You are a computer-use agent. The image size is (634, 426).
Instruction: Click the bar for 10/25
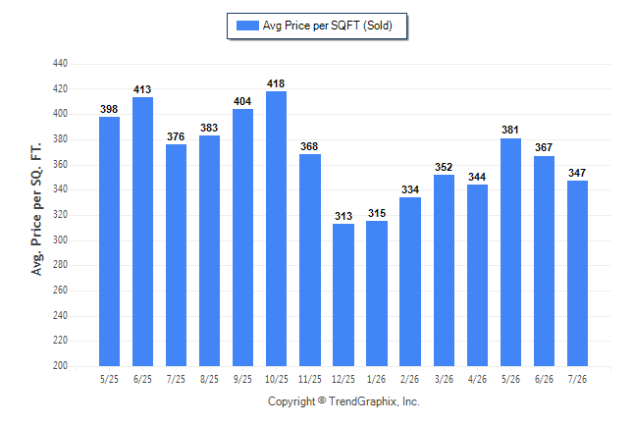click(276, 229)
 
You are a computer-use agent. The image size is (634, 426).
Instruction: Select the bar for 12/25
click(343, 294)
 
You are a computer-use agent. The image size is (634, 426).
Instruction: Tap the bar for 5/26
click(510, 252)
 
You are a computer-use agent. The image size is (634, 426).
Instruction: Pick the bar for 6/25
click(142, 232)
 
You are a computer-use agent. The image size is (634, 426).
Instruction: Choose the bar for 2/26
click(410, 282)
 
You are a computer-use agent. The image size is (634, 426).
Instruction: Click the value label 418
click(276, 83)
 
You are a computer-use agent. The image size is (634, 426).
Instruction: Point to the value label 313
click(343, 216)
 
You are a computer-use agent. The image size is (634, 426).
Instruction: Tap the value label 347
click(577, 173)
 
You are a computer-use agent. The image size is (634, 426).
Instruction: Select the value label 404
click(242, 101)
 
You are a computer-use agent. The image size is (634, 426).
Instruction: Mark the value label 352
click(444, 167)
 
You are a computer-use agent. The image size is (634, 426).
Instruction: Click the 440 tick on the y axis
click(60, 64)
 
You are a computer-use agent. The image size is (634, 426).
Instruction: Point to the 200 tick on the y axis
click(60, 365)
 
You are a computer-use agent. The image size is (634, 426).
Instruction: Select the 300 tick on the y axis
click(60, 240)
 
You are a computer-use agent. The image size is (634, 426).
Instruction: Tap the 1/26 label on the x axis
click(376, 379)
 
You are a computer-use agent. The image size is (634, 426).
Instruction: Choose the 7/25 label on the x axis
click(176, 379)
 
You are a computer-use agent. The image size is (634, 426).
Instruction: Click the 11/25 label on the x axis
click(310, 379)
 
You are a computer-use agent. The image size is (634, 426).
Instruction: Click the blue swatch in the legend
click(247, 26)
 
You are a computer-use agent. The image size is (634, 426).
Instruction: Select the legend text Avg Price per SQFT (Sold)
click(328, 26)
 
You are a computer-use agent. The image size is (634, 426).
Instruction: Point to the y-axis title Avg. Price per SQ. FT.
click(36, 209)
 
